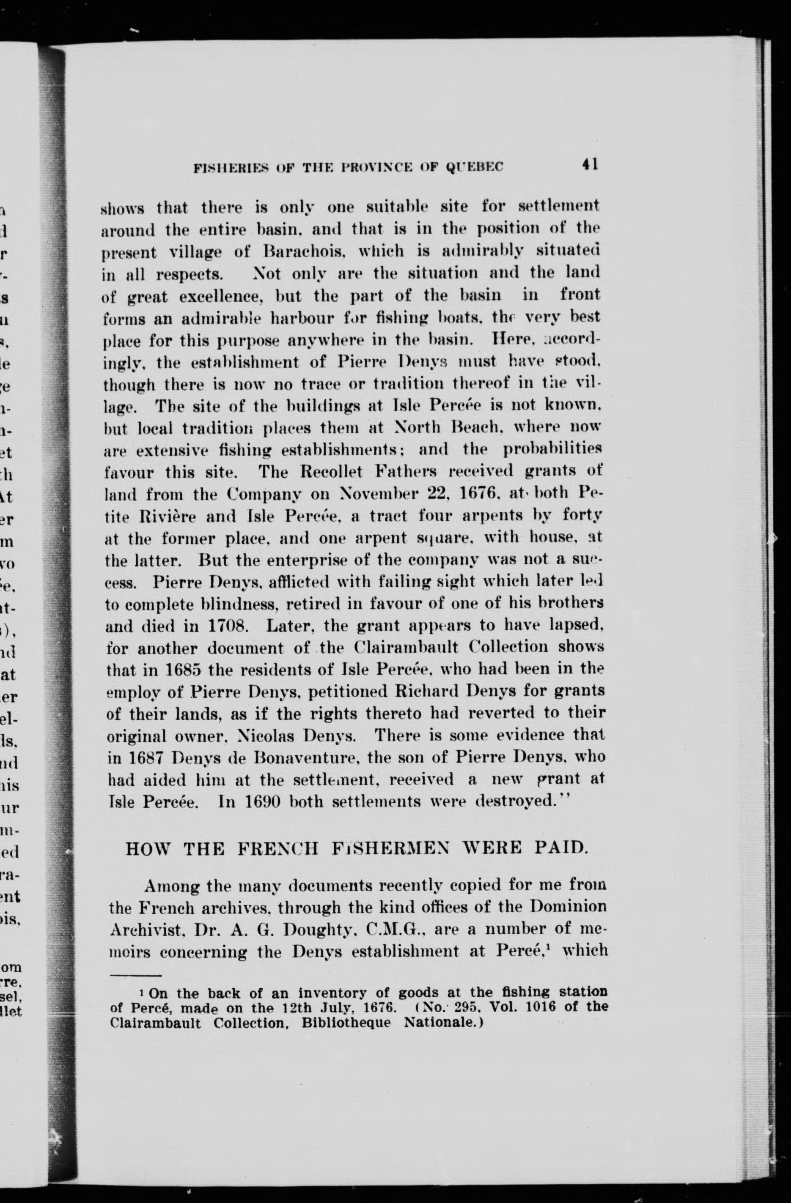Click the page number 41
pos(590,165)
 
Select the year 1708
pos(227,626)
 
